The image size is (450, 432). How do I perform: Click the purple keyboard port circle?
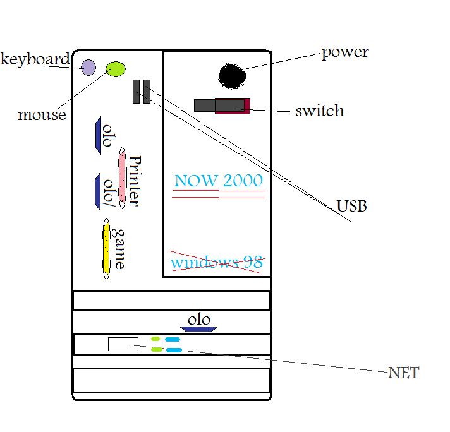(88, 67)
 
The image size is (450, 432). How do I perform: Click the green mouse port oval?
(115, 69)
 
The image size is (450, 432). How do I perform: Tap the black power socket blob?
(232, 76)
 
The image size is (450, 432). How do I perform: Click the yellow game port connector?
(106, 249)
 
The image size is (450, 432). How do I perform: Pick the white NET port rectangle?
(123, 344)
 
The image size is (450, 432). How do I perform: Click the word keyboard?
(35, 59)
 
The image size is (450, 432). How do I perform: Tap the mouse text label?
(42, 115)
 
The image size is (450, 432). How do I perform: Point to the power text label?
(345, 52)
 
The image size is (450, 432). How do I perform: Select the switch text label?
(320, 111)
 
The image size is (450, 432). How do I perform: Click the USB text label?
(351, 206)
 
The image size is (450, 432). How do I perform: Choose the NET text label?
(403, 373)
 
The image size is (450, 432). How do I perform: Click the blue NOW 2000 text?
(218, 181)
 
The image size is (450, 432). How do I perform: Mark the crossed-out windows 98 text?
(216, 261)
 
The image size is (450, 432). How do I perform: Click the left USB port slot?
(137, 92)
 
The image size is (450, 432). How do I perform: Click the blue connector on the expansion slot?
(198, 328)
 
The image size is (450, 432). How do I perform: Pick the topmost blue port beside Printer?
(101, 133)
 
